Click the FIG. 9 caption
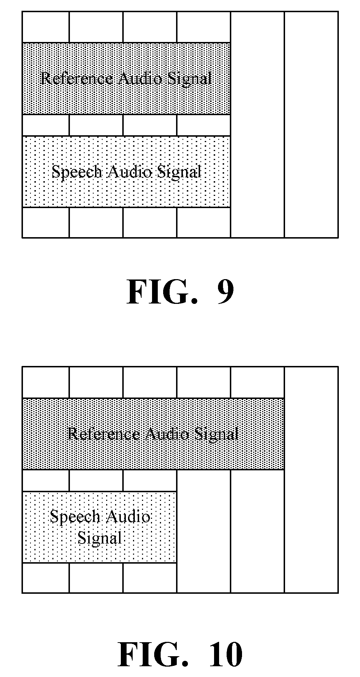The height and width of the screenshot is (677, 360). coord(180,292)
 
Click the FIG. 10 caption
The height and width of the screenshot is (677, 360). coord(180,654)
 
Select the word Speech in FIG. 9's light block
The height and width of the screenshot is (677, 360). coord(77,171)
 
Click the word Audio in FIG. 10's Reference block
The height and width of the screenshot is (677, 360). coord(167,434)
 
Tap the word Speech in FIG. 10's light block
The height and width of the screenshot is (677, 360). coord(75,517)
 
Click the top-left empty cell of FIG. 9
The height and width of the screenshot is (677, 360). coord(46,27)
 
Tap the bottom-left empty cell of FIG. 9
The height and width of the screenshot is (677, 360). coord(46,222)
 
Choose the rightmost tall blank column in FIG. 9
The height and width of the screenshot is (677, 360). coord(311,124)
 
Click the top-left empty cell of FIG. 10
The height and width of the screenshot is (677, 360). coord(46,382)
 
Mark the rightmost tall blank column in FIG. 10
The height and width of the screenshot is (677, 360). coord(311,480)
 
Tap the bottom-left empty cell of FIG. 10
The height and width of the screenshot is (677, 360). coord(46,578)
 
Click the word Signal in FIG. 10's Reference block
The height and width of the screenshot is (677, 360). coord(217,435)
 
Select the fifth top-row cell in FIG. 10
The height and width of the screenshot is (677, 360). coord(257,382)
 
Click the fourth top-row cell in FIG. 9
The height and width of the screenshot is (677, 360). coord(204,27)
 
